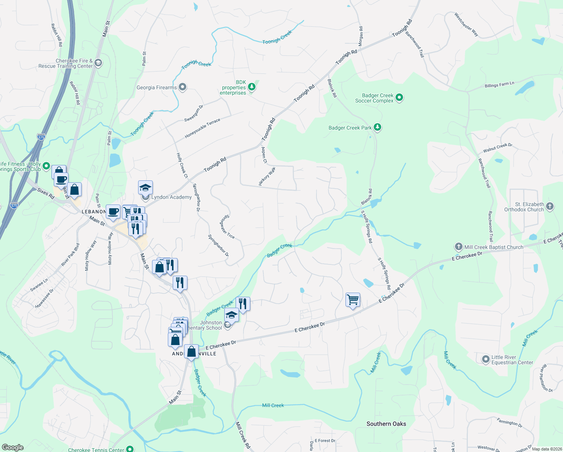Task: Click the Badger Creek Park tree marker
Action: (x=377, y=127)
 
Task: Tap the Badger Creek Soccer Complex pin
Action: (x=399, y=98)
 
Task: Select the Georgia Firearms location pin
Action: (x=183, y=87)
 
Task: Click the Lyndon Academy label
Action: (x=171, y=197)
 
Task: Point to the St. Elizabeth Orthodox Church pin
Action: (x=550, y=206)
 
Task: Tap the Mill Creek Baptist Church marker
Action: (x=458, y=247)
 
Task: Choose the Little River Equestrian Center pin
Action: (x=485, y=359)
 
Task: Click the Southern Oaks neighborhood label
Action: (x=386, y=424)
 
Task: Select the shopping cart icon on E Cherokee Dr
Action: (x=353, y=300)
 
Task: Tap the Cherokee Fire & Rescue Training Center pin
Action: (x=98, y=63)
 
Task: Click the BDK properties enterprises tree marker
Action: (x=252, y=87)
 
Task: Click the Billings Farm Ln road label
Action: (x=499, y=85)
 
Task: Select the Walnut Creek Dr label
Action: (x=498, y=148)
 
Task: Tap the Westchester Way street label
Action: (x=466, y=24)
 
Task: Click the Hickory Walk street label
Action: (x=267, y=176)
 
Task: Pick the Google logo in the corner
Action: (x=12, y=447)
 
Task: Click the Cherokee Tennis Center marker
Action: (x=130, y=449)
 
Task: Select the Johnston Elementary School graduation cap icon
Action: (x=231, y=315)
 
